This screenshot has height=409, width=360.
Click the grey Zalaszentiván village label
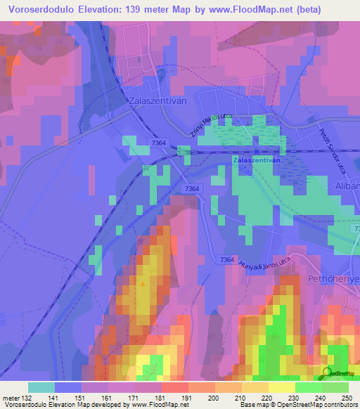(x=157, y=101)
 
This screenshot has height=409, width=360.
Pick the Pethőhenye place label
(x=334, y=280)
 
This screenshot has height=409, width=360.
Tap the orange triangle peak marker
(x=143, y=284)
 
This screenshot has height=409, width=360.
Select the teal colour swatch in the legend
(x=41, y=387)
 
